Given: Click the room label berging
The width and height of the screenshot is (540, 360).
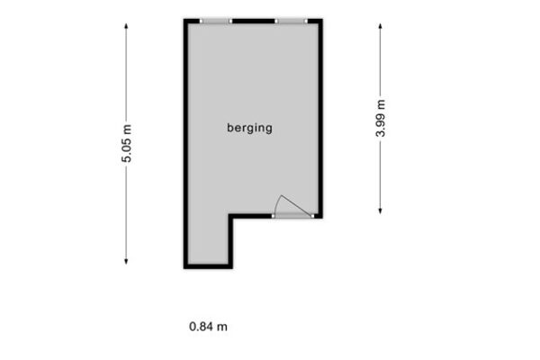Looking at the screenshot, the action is [249, 128].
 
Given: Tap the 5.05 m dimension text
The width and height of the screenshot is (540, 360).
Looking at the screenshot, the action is [126, 143].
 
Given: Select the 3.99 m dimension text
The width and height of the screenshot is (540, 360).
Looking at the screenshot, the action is [380, 119].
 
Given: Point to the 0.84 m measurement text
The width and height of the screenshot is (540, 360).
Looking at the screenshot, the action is [208, 327].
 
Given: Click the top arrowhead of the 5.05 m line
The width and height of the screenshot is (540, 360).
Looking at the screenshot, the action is [126, 26].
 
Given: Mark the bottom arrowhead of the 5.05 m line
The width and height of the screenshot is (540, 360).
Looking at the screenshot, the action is [126, 262].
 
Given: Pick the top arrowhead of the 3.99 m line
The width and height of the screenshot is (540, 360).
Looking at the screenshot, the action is [380, 26].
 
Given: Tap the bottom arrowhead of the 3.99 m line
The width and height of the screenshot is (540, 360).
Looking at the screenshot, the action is [380, 211].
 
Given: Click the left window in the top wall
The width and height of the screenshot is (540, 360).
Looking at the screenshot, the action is [216, 22].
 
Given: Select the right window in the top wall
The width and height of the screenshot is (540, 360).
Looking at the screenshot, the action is [291, 22].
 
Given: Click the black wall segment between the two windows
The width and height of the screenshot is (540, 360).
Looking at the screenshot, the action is [254, 22].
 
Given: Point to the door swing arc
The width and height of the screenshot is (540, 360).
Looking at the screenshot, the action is [277, 204].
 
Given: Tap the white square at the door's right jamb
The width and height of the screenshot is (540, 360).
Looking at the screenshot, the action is [312, 216].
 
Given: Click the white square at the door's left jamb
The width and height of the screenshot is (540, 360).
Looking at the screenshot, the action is [273, 216].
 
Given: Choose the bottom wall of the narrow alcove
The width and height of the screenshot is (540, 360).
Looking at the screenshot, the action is [208, 266].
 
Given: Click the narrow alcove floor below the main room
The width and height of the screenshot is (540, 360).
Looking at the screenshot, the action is [208, 239].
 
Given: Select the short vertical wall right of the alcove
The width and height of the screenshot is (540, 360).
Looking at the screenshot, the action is [230, 241].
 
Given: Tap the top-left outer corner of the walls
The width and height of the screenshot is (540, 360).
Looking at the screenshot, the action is [184, 19].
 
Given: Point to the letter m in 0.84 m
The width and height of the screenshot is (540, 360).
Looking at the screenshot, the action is [222, 328].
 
